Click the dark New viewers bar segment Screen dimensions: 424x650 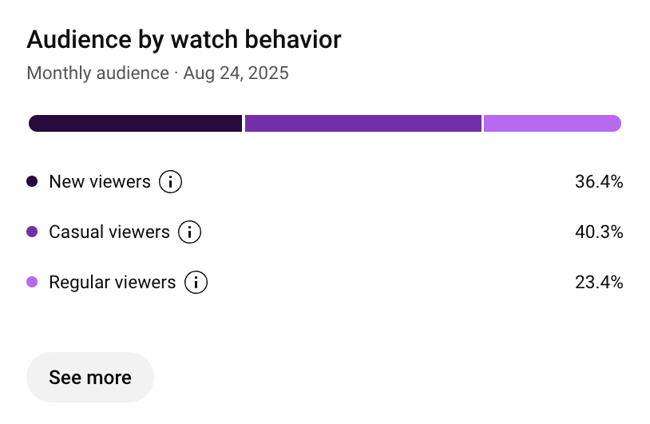(135, 123)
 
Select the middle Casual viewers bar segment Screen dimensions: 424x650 (363, 123)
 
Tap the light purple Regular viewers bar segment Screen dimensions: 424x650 (552, 123)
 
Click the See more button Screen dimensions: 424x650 (90, 377)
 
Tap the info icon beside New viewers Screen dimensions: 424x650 (170, 182)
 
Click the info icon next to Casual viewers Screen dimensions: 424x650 (189, 232)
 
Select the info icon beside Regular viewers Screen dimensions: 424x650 (196, 283)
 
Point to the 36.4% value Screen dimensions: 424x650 (598, 182)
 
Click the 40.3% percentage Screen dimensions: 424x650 (598, 232)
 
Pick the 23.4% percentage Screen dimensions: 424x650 (598, 283)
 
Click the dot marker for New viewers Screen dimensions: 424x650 (32, 182)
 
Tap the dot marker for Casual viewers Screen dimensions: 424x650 (32, 232)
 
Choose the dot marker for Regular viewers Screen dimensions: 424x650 (32, 283)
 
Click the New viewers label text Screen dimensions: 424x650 (100, 182)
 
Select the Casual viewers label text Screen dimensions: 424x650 (109, 232)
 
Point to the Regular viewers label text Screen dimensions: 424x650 (113, 283)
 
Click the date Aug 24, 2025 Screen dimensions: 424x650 (236, 74)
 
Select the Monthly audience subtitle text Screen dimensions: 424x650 (97, 74)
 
